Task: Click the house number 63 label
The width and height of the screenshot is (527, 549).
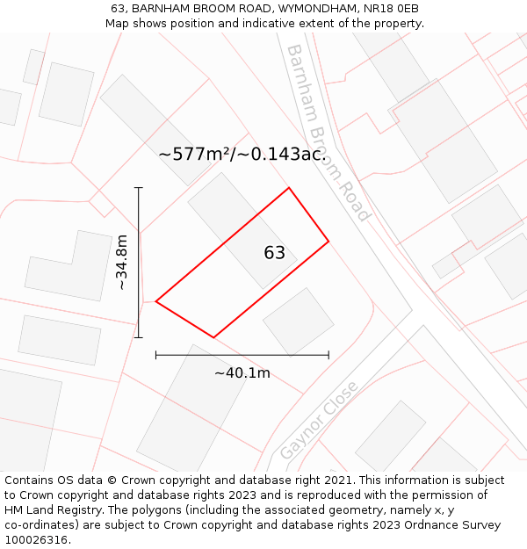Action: pyautogui.click(x=275, y=253)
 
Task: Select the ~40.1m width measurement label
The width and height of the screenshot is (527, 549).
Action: pyautogui.click(x=242, y=373)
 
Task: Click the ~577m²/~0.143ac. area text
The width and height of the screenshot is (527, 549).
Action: pyautogui.click(x=242, y=155)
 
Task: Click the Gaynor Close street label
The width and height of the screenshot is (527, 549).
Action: pyautogui.click(x=319, y=420)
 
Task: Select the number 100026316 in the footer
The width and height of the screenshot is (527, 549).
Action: pyautogui.click(x=36, y=540)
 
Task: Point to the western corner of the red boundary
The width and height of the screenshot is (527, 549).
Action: pyautogui.click(x=156, y=301)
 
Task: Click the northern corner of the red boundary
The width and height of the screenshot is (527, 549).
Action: pyautogui.click(x=288, y=188)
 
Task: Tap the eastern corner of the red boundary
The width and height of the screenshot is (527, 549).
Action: pyautogui.click(x=328, y=241)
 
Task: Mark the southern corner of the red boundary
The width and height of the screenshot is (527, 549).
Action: pyautogui.click(x=213, y=337)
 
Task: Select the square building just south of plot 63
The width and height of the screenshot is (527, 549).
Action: pyautogui.click(x=299, y=321)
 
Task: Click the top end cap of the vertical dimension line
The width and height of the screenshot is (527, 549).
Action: pyautogui.click(x=138, y=188)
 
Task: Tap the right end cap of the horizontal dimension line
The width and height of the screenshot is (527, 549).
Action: pyautogui.click(x=328, y=355)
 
